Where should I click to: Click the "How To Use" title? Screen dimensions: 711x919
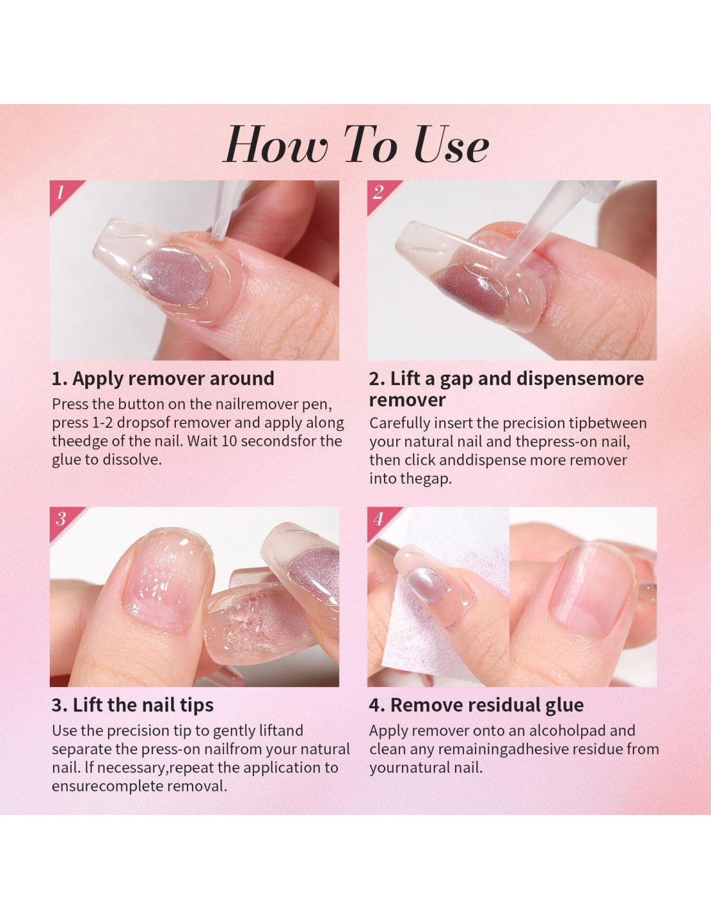click(x=356, y=144)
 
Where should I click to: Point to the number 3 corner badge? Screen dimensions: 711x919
click(x=63, y=520)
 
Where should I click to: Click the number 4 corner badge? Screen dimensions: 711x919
click(x=380, y=520)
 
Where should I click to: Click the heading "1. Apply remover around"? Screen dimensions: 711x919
click(x=163, y=379)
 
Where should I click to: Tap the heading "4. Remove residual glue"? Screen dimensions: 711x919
click(x=476, y=705)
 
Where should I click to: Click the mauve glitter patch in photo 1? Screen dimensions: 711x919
click(x=173, y=275)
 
